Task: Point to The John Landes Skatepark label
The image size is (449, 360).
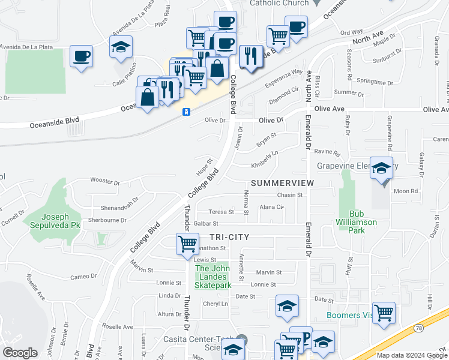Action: (213, 277)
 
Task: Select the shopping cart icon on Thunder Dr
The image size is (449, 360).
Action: (187, 244)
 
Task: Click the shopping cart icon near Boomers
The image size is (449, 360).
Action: (384, 312)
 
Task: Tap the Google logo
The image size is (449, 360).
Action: (20, 353)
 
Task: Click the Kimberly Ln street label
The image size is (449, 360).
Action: (265, 158)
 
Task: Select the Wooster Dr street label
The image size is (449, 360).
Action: (105, 180)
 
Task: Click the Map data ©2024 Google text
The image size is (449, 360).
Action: (412, 355)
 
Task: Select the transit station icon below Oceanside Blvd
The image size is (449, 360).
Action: (187, 112)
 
